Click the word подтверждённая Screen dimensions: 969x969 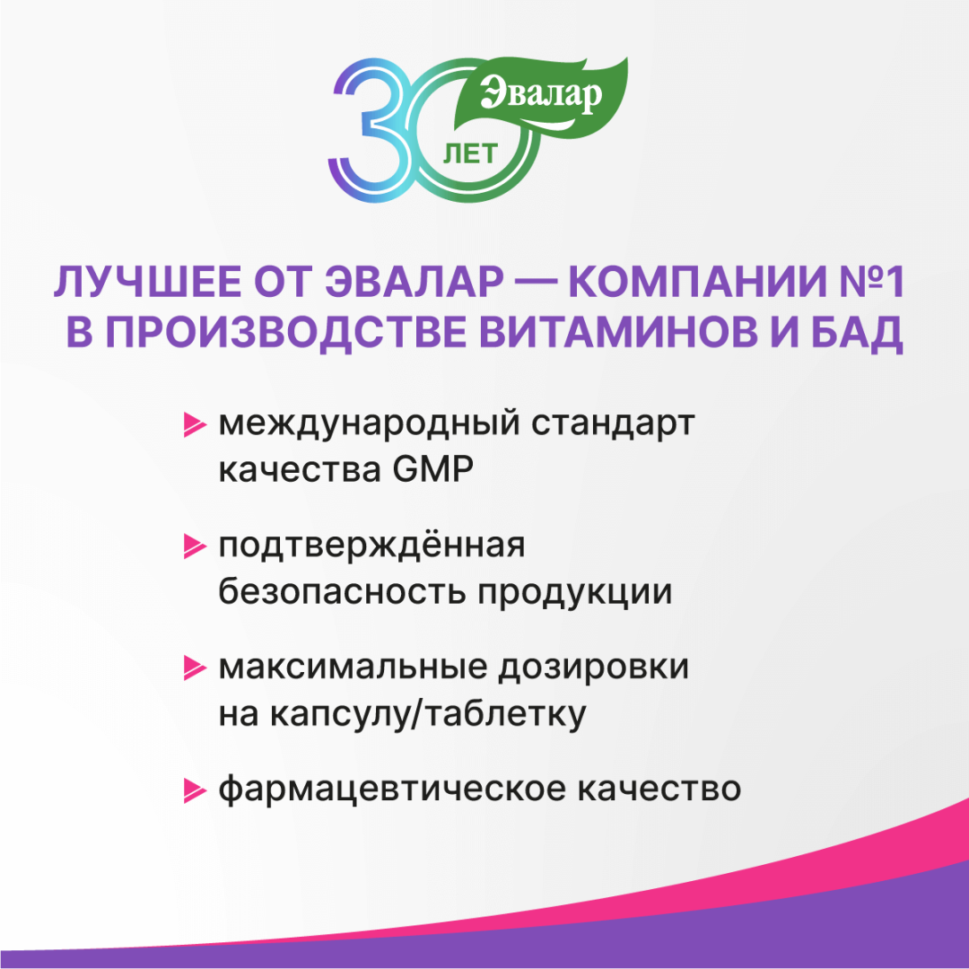coord(371,546)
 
